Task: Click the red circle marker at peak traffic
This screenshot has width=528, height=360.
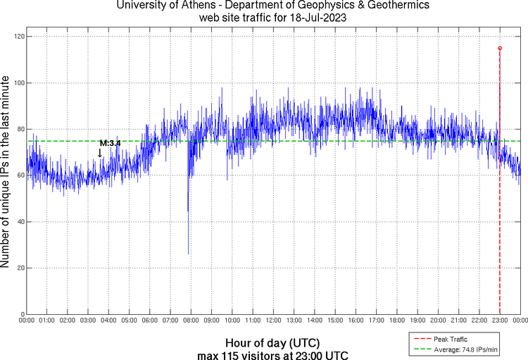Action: (x=500, y=48)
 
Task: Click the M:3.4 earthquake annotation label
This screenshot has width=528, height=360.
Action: (x=110, y=143)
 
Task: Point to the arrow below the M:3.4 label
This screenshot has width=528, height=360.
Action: (x=100, y=152)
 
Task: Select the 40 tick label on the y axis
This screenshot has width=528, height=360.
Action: (x=18, y=222)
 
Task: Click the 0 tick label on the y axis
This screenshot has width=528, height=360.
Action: (x=20, y=314)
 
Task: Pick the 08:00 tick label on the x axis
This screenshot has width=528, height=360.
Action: (x=191, y=321)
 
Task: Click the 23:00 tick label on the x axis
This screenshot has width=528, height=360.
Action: (x=500, y=321)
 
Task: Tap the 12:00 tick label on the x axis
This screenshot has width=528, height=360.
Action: (x=273, y=321)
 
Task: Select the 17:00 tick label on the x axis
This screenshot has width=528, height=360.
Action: (x=376, y=321)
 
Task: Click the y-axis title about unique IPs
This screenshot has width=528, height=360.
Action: (x=6, y=173)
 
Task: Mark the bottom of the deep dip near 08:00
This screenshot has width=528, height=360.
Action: (x=188, y=254)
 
